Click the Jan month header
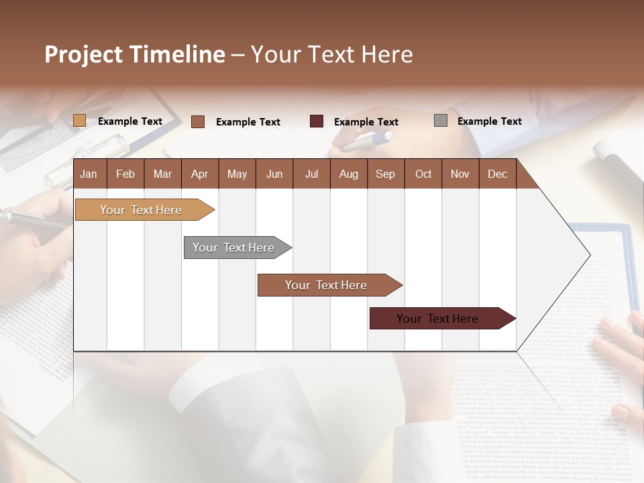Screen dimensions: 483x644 click(x=89, y=174)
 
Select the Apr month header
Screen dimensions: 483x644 click(x=199, y=174)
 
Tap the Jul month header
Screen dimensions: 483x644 click(x=311, y=174)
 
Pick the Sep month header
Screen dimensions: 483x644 click(x=385, y=174)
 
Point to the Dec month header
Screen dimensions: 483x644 click(x=497, y=174)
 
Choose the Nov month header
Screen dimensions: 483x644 click(x=460, y=174)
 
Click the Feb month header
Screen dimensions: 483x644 click(x=125, y=174)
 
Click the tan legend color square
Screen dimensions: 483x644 click(x=79, y=121)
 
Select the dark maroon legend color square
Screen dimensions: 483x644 click(x=317, y=121)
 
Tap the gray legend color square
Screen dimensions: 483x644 click(x=440, y=121)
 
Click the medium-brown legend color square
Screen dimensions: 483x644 click(x=198, y=121)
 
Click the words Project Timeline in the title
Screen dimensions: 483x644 click(x=134, y=54)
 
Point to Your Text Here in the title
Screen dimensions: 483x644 click(x=331, y=54)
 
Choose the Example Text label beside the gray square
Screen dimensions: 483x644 click(x=489, y=121)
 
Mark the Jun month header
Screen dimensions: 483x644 click(x=274, y=174)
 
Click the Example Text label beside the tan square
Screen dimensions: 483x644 click(x=129, y=121)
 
